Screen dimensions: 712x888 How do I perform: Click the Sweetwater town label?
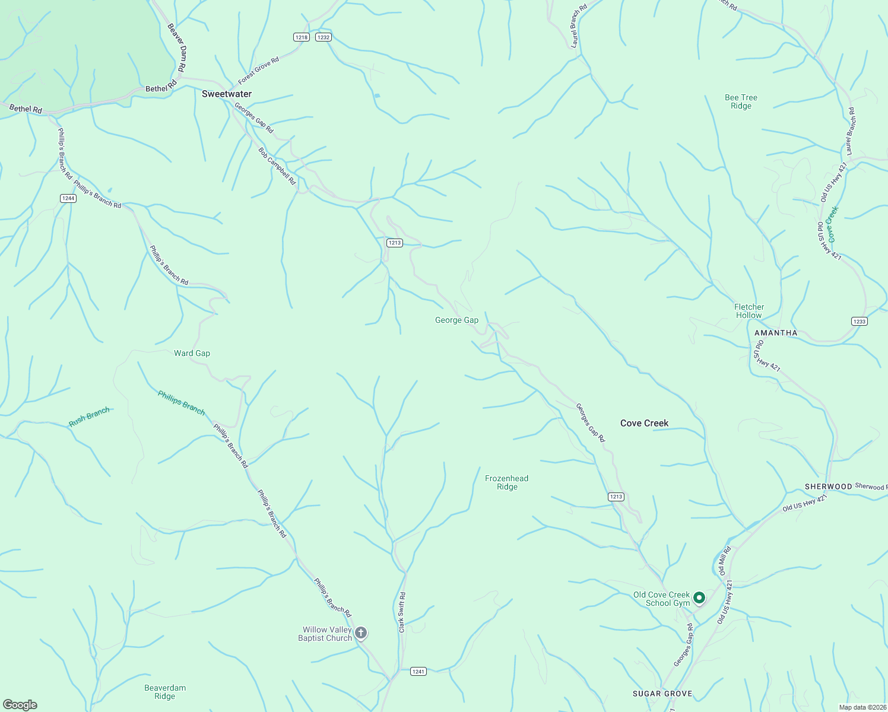pos(227,94)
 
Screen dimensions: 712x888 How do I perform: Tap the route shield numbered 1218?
pos(302,37)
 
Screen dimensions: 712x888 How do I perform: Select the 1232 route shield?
pos(323,37)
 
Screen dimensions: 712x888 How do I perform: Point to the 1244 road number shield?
pos(68,198)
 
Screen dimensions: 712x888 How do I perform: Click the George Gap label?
pos(456,320)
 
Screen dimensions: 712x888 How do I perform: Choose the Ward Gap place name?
pos(192,353)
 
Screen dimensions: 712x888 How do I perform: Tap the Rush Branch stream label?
pos(89,417)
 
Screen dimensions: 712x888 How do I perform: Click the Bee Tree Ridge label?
pos(741,101)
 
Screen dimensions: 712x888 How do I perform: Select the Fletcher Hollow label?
pos(749,311)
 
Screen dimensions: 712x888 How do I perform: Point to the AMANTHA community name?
pos(776,333)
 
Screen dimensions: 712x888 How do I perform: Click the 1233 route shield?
pos(859,322)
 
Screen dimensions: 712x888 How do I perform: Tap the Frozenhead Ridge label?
pos(506,482)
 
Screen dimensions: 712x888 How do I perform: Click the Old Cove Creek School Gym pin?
pos(699,597)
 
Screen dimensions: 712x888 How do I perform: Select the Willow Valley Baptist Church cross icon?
pos(360,633)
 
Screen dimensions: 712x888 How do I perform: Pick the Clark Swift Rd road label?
pos(402,612)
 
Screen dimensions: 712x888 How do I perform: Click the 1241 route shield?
pos(418,672)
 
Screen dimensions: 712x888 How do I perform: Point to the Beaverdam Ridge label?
pos(165,692)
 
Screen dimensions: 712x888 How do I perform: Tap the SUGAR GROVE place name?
pos(662,694)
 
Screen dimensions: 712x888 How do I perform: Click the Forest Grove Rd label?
pos(258,71)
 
